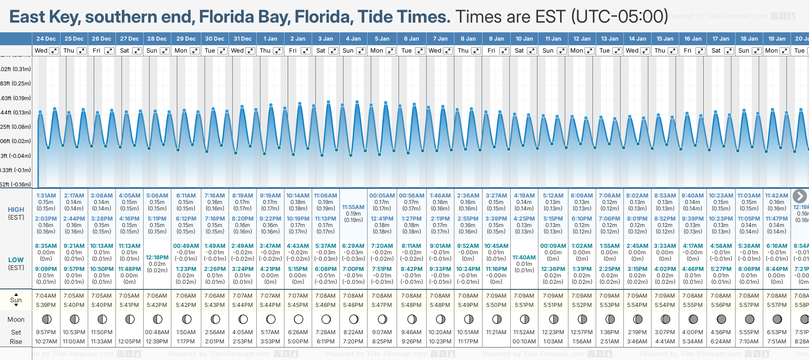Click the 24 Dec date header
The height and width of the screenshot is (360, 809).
(x=46, y=39)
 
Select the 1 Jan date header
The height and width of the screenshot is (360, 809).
(x=270, y=39)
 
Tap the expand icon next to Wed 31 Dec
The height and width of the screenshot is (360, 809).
(x=250, y=51)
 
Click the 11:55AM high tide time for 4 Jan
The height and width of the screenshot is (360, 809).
(x=353, y=207)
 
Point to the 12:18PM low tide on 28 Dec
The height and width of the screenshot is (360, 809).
(x=157, y=258)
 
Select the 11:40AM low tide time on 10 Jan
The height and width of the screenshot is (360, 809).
(x=524, y=258)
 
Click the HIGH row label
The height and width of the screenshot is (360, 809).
(x=16, y=210)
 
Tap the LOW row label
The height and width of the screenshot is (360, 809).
(x=16, y=260)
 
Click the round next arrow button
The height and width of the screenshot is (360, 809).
(x=799, y=196)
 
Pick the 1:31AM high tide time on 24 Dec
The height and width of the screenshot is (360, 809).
(x=46, y=196)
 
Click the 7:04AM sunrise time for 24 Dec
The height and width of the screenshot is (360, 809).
(x=46, y=296)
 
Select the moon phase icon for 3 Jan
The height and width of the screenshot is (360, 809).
(x=326, y=319)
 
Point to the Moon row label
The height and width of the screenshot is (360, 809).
(x=16, y=319)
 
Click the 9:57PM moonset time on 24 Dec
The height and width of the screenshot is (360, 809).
(x=46, y=332)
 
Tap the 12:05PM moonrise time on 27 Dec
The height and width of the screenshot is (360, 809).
(x=129, y=342)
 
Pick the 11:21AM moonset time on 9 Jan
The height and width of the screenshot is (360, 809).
(x=496, y=332)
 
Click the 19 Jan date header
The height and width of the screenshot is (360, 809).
(x=778, y=39)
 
